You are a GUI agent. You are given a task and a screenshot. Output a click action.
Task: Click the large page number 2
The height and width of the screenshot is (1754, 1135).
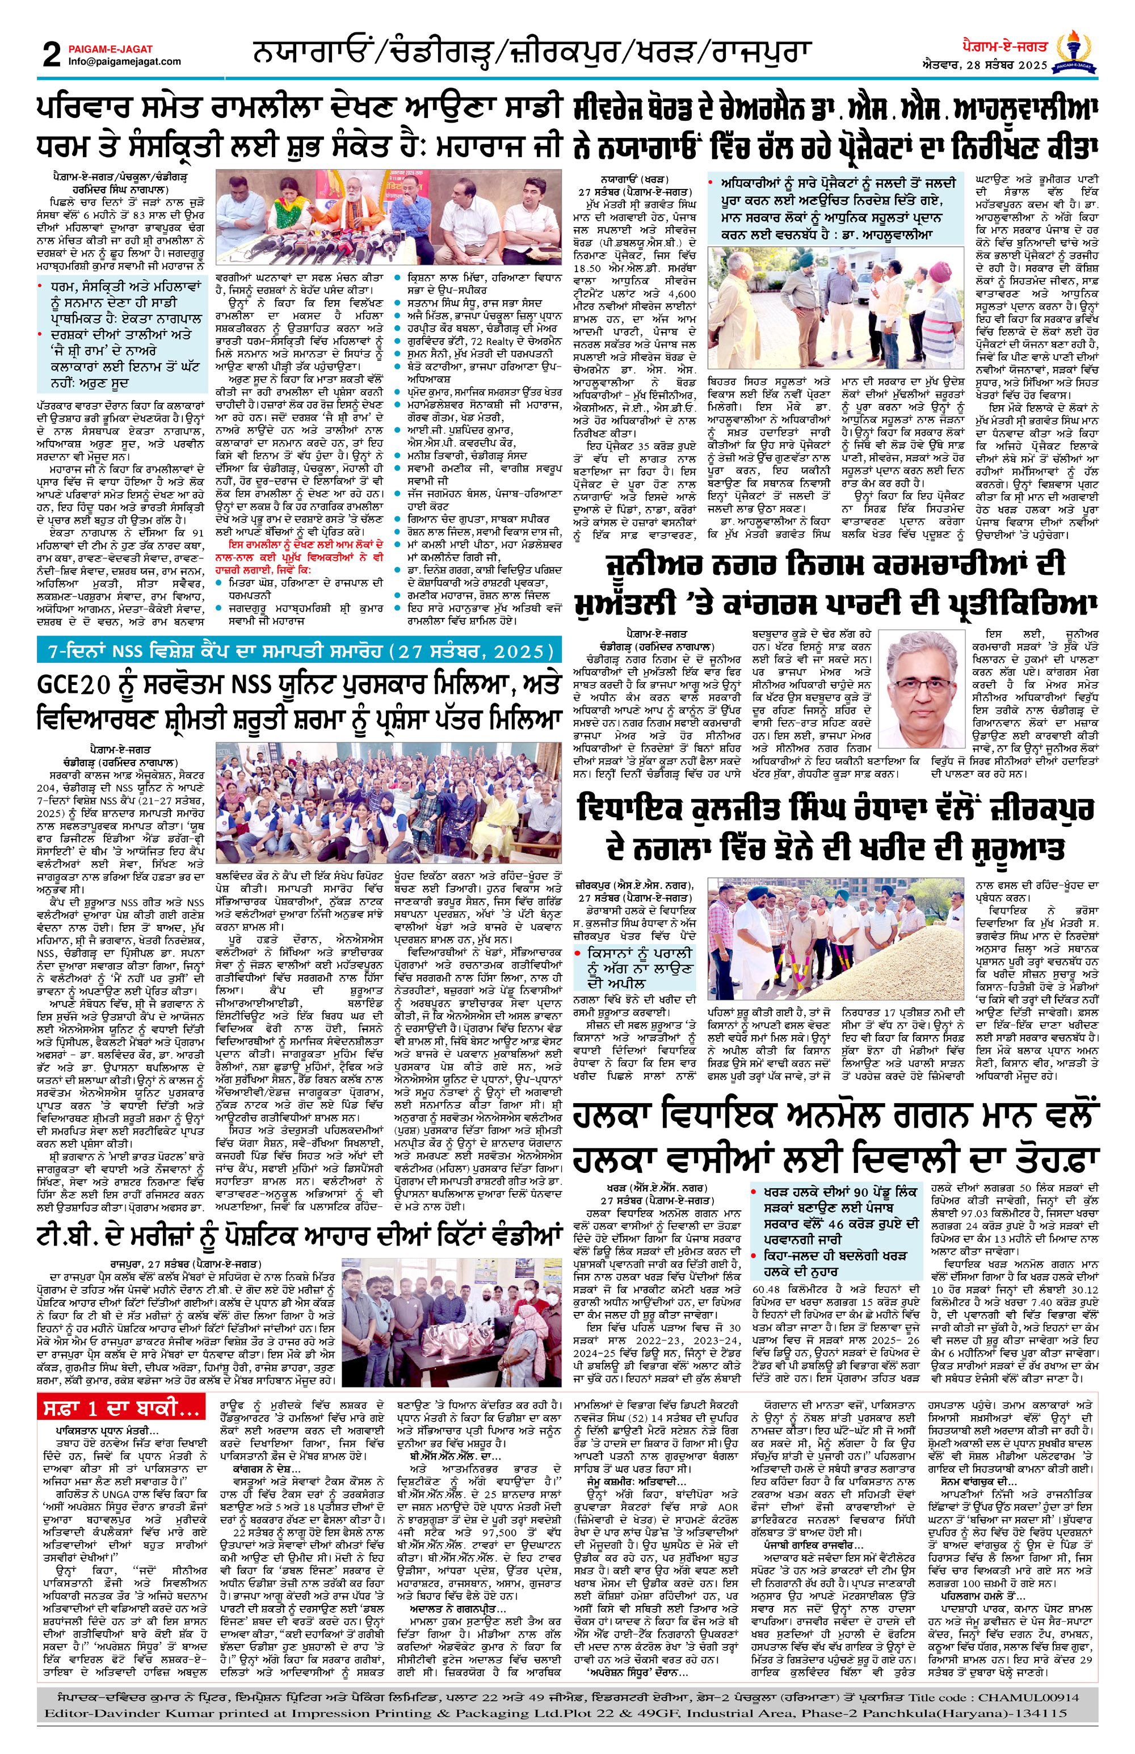point(51,55)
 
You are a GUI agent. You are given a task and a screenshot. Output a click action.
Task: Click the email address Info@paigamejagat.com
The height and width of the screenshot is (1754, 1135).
point(124,62)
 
